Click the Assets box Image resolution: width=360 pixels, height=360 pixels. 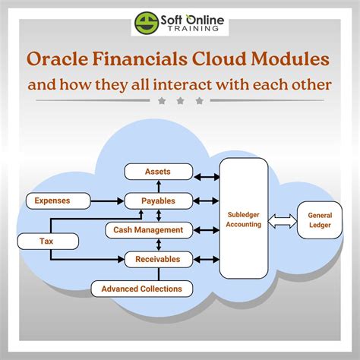tap(158, 172)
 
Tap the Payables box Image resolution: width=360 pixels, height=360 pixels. tap(158, 201)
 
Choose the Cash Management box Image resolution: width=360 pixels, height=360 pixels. tap(148, 230)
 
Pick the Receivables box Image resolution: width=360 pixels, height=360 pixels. tap(158, 259)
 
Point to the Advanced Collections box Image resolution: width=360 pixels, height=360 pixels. tap(141, 289)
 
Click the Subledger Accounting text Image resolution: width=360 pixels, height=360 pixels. tap(243, 219)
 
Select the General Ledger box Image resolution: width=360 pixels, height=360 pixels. tap(320, 219)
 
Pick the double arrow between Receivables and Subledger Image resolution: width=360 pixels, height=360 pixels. tap(205, 259)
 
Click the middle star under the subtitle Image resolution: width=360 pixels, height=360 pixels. tap(180, 100)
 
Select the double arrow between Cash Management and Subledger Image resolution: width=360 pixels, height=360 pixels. tap(205, 230)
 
